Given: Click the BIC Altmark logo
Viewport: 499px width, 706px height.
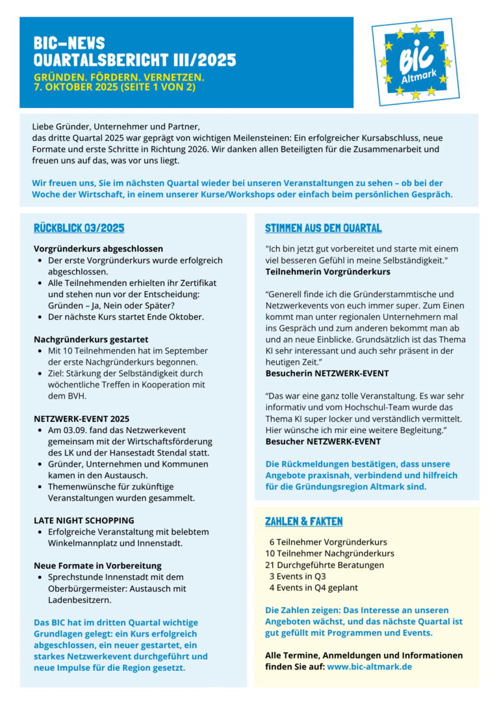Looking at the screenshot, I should pos(415,62).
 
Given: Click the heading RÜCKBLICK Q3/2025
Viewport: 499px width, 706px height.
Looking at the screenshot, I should pos(79,228).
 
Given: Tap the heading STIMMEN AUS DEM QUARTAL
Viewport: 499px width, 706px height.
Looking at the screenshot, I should pos(323,228).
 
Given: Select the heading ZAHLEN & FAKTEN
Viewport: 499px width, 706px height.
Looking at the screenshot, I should pos(303,521).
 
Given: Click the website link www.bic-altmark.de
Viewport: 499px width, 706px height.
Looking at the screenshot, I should pos(369,666).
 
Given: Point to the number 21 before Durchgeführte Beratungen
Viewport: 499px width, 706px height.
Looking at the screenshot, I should pos(270,565).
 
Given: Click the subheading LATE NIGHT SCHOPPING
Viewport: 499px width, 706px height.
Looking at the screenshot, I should pos(84,520).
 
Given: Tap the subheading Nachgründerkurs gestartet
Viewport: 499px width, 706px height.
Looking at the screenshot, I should pos(91,339).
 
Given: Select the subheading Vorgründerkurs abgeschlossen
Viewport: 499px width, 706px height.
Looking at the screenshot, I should pos(98,249).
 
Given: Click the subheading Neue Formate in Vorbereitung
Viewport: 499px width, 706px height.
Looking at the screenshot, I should pos(97,566).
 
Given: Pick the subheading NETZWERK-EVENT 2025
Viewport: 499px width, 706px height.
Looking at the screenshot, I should pos(81,419).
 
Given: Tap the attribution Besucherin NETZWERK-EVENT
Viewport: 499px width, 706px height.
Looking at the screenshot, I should pos(327,373).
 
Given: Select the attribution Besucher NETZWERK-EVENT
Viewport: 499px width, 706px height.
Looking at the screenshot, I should pos(323,441).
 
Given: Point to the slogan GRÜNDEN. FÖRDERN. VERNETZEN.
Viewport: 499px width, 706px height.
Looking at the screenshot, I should pos(119,77).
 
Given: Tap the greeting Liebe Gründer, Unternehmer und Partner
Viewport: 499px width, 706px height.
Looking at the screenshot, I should pos(116,126).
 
